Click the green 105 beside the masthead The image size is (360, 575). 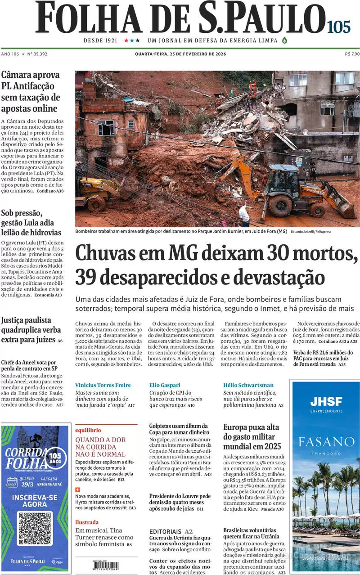[339, 27]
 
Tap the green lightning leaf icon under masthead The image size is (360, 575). [284, 40]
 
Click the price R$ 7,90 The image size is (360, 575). [352, 54]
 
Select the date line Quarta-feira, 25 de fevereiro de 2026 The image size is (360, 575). [180, 54]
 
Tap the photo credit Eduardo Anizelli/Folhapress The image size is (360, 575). [311, 232]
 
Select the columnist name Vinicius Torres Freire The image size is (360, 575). [103, 385]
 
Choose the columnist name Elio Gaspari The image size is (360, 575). [165, 385]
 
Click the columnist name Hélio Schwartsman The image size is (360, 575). [248, 385]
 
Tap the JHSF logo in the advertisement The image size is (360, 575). [326, 401]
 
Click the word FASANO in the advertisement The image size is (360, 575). [326, 441]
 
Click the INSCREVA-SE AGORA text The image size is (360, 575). [35, 502]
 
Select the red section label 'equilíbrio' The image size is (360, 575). [88, 430]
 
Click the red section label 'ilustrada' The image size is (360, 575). [87, 522]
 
